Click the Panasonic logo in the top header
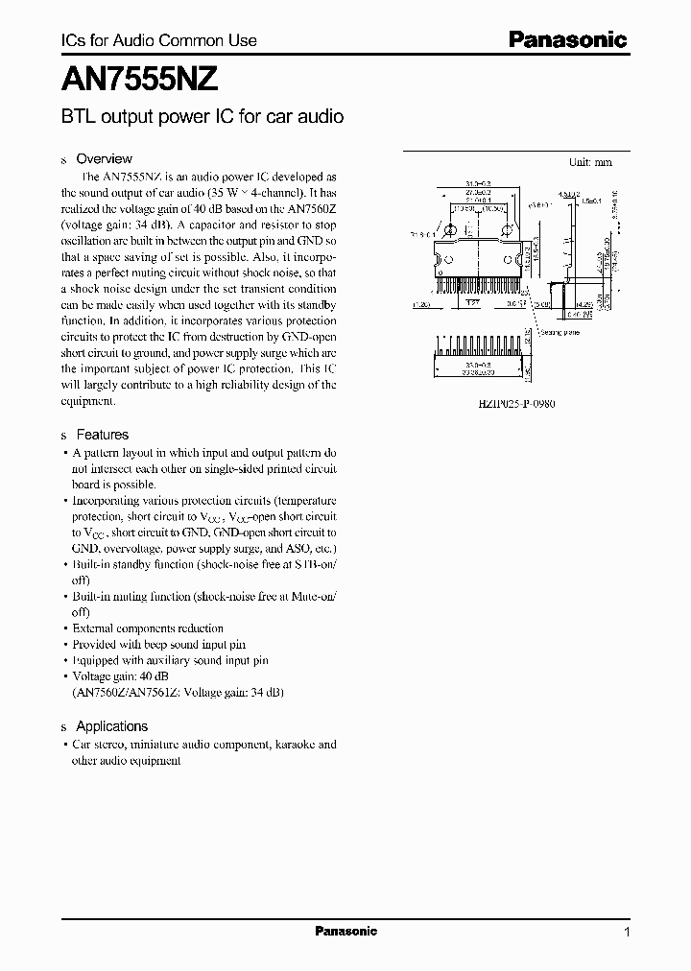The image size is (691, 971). [566, 39]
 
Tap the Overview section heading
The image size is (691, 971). [104, 158]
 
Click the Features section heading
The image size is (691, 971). [102, 435]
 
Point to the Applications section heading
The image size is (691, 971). [111, 726]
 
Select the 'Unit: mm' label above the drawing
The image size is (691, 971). [590, 162]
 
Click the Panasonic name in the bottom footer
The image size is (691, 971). [346, 932]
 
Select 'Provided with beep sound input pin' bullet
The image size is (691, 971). [159, 645]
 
